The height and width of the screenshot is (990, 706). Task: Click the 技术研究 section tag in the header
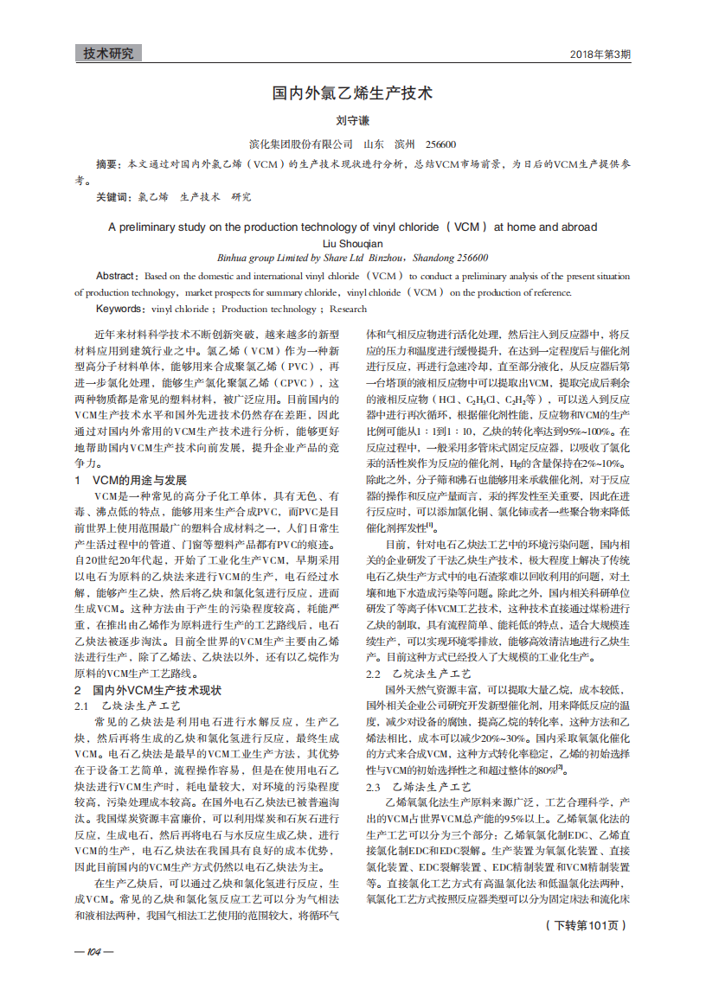(108, 54)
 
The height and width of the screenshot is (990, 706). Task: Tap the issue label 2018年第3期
(600, 54)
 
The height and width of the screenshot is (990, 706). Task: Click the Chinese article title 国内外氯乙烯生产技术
(352, 93)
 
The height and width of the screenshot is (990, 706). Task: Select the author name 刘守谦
(352, 122)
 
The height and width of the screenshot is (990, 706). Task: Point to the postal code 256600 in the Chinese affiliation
(441, 144)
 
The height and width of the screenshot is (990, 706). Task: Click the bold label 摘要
(106, 163)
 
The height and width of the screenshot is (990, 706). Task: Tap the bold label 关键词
(112, 197)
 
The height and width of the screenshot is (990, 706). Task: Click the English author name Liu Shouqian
(352, 244)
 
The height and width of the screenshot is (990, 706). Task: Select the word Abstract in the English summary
(115, 276)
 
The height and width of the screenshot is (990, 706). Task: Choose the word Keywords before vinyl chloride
(119, 309)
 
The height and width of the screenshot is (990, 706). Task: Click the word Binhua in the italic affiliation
(234, 258)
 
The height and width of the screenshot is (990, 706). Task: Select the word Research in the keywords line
(348, 309)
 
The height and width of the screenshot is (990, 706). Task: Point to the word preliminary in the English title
(157, 227)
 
